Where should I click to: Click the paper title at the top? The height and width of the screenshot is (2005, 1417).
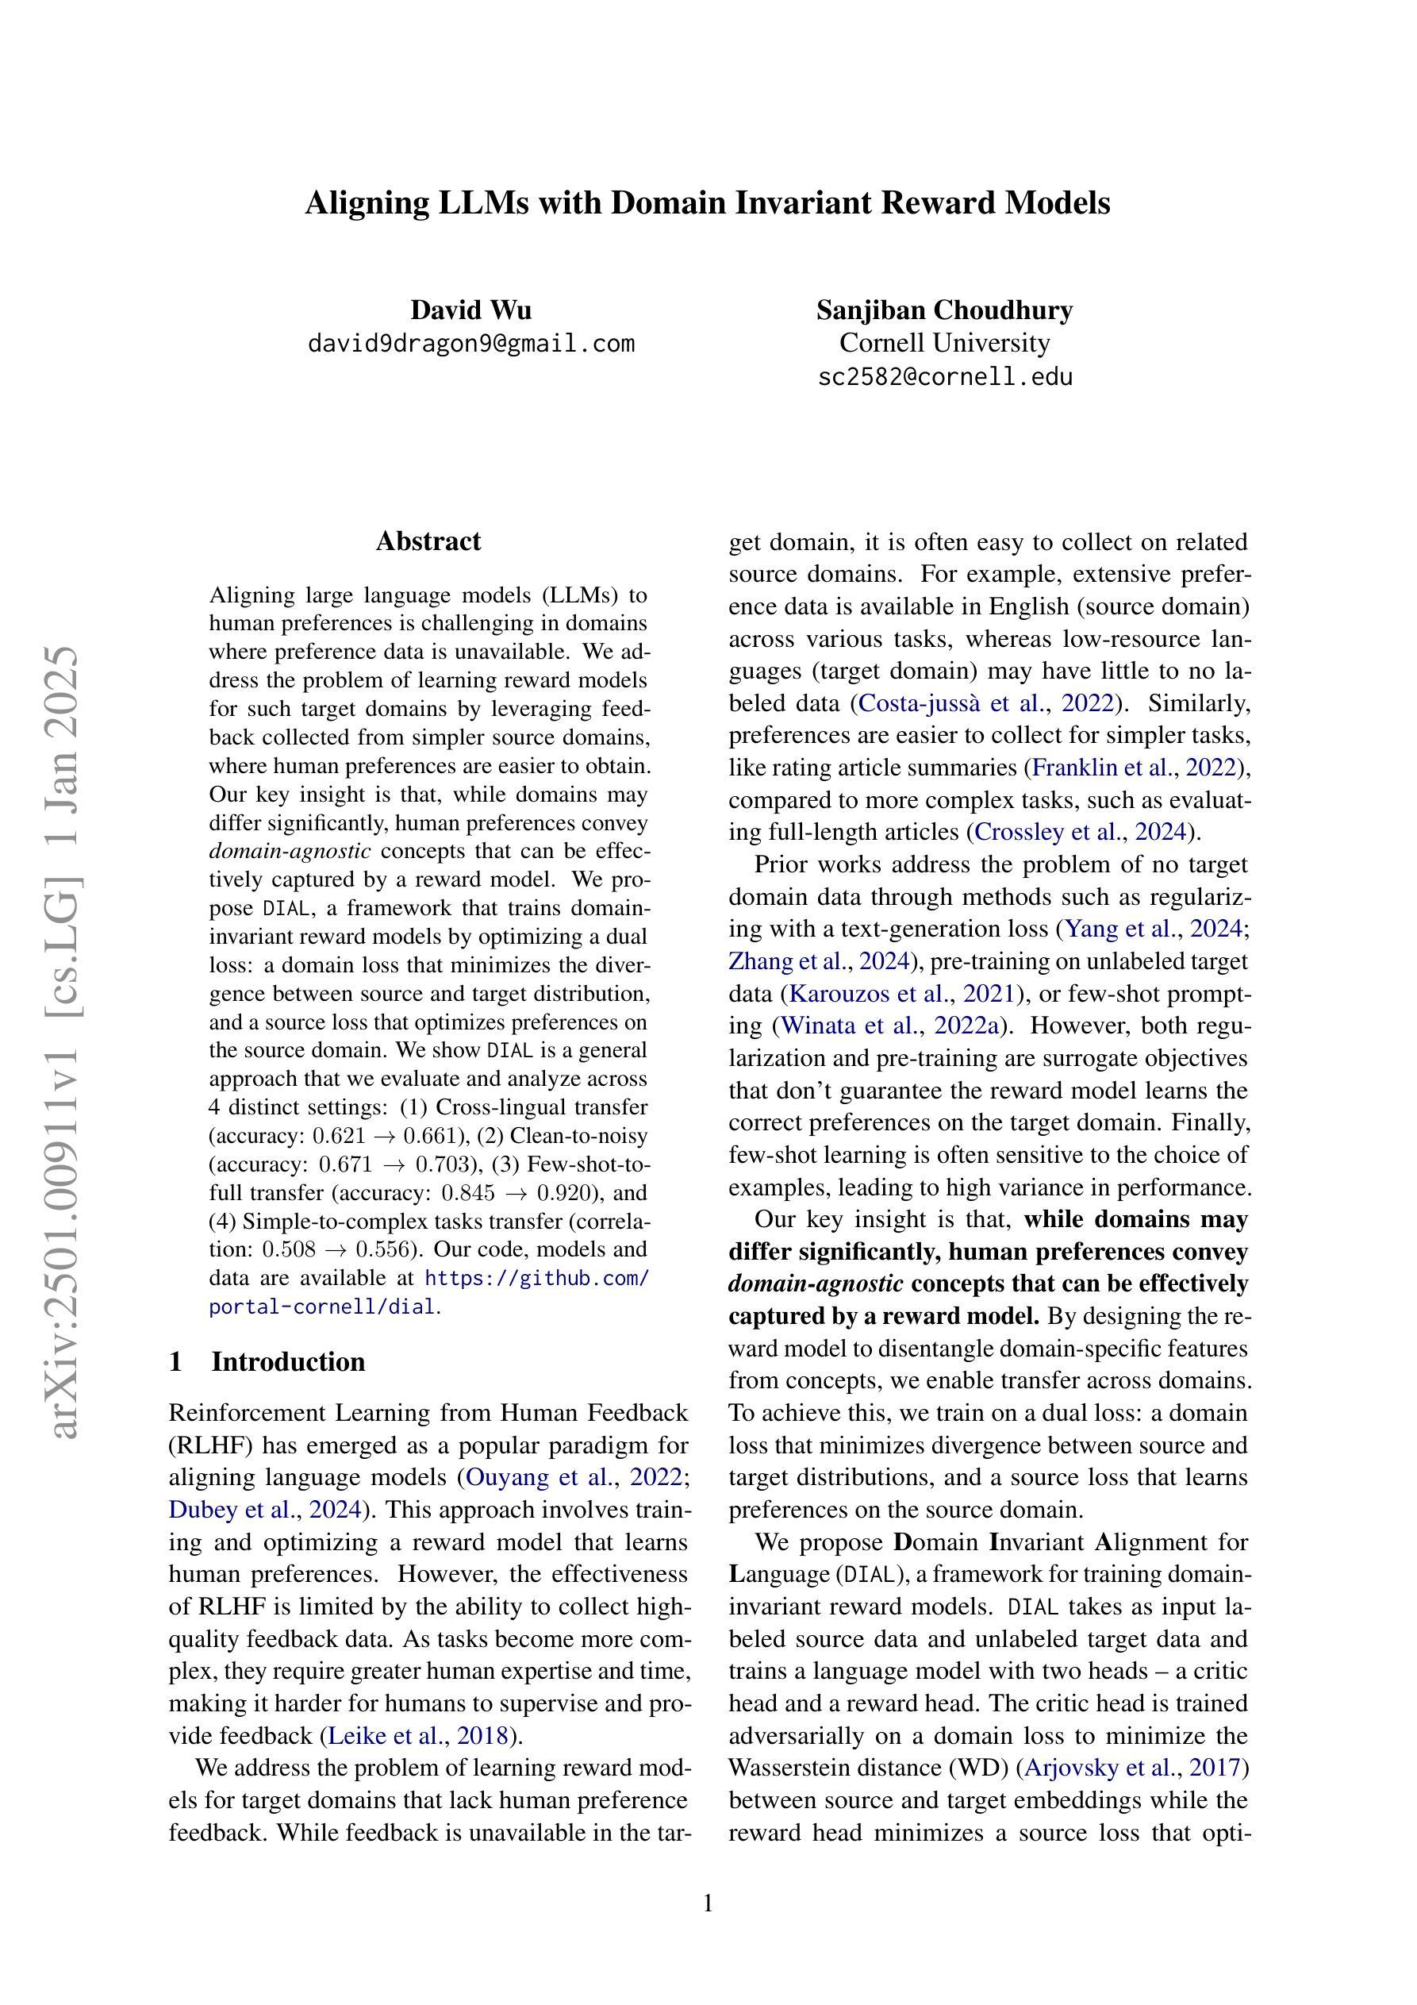(707, 202)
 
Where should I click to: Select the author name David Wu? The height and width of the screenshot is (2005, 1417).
(470, 310)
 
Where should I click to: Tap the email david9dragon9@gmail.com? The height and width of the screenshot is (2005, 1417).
(470, 343)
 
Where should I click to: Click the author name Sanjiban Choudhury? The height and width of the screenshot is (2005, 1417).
(944, 310)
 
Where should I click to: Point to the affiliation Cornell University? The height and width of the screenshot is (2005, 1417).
(944, 342)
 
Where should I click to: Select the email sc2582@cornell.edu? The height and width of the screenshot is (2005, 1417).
(945, 377)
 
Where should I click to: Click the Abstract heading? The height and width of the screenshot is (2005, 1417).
(428, 541)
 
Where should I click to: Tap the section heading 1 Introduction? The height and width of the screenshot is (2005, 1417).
(267, 1362)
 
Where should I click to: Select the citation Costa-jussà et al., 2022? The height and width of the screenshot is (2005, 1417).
(986, 704)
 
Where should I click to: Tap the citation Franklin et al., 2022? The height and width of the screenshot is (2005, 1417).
(1135, 768)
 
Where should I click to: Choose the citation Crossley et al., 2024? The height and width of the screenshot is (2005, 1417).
(1081, 832)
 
